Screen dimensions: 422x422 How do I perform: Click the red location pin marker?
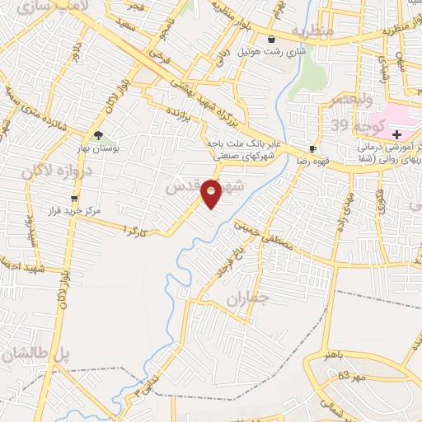[x=212, y=192]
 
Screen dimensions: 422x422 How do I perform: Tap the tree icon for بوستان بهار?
[x=98, y=136]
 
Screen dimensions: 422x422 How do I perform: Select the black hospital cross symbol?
[x=396, y=134]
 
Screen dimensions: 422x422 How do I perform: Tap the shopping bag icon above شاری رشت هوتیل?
[x=271, y=39]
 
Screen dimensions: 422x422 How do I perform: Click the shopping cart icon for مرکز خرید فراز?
[x=75, y=199]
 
